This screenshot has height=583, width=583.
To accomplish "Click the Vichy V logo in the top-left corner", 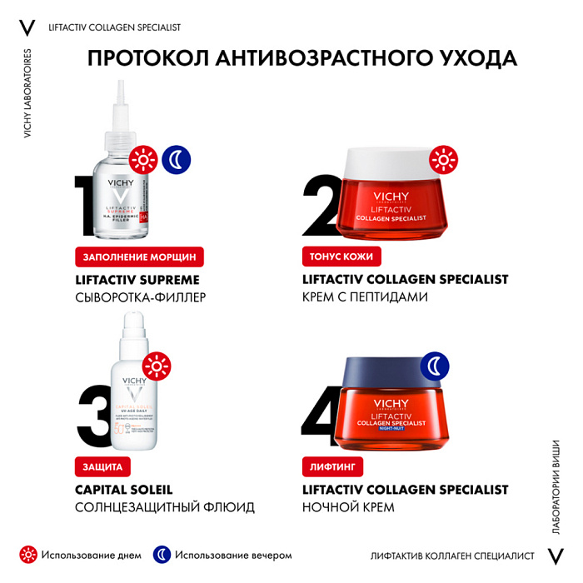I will (x=27, y=27).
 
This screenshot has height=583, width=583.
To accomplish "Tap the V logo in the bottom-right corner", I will (x=555, y=556).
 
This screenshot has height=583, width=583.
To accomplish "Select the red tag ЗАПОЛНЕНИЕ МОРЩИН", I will (x=139, y=257).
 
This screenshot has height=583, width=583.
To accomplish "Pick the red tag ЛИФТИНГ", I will (x=332, y=466).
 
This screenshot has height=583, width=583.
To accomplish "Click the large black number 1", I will (x=90, y=207).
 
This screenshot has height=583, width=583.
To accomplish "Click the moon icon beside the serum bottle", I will (x=176, y=158).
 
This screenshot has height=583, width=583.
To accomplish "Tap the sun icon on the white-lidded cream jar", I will (x=443, y=158).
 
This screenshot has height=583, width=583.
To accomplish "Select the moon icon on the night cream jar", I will (x=434, y=366).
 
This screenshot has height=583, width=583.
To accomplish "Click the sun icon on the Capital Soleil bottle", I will (x=156, y=366).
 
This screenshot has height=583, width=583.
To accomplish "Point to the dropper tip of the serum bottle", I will (x=122, y=96).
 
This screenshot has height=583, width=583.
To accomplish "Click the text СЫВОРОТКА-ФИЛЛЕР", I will (x=140, y=296).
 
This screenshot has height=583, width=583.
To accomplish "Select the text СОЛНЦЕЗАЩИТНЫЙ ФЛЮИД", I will (x=165, y=506).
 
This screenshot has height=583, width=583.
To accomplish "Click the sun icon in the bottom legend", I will (x=28, y=555).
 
